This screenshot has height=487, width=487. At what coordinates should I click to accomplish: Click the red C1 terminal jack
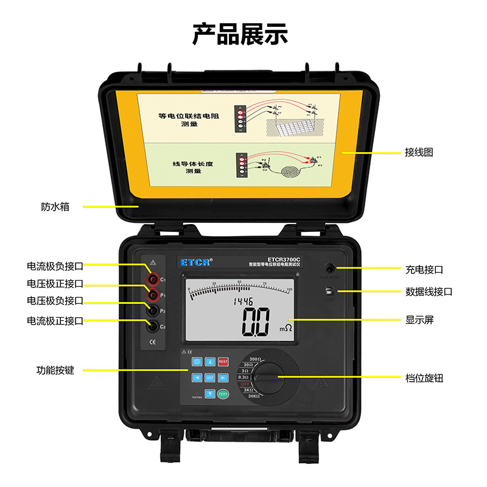coord(152,278)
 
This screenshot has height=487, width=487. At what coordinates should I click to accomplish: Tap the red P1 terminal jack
coord(152,295)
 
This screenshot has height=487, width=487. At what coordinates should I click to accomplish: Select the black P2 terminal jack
coord(152,311)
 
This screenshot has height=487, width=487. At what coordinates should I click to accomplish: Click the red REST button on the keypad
coord(223,362)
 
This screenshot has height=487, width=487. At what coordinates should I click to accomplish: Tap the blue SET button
coord(210,377)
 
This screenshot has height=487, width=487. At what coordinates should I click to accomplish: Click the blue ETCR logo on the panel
coord(194,262)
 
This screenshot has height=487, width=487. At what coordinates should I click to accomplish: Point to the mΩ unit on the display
coord(286,328)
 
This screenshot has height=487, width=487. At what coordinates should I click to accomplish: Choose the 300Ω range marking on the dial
coord(254,360)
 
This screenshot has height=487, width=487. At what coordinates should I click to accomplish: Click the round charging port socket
coord(329,268)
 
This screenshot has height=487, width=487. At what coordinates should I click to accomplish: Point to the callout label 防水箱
coord(55,207)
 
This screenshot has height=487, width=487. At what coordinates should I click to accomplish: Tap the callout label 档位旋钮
coord(424,378)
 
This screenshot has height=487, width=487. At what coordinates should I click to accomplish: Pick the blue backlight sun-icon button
coord(197,362)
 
